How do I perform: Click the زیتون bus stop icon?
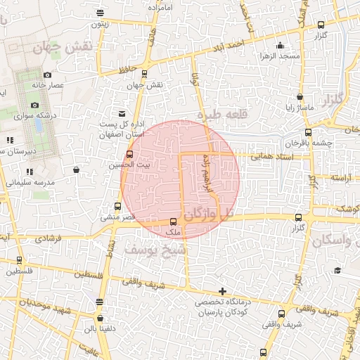[101, 13]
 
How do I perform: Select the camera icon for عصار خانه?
[47, 75]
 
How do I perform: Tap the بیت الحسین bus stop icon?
[129, 155]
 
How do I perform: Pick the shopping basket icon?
[76, 169]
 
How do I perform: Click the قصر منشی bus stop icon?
[117, 207]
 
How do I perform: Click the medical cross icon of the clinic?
[222, 291]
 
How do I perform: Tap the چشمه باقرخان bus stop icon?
[308, 131]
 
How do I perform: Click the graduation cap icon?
[337, 271]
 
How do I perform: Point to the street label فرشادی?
[47, 238]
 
